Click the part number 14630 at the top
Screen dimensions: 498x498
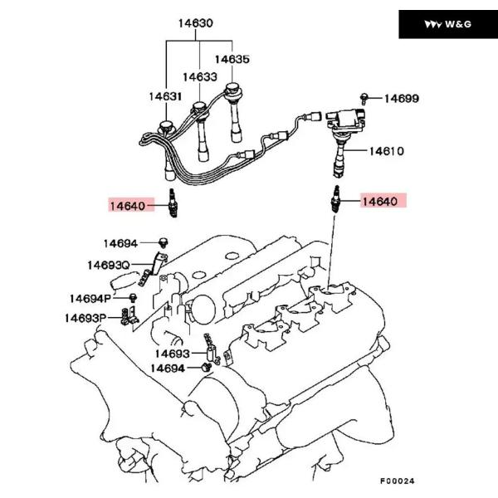point(195,24)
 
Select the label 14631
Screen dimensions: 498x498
point(165,96)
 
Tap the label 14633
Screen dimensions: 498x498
point(201,77)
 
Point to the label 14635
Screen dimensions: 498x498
point(232,59)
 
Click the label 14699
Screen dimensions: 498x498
point(401,99)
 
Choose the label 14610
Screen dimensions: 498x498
point(386,151)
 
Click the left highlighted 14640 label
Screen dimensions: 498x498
point(130,203)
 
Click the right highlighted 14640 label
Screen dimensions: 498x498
point(384,202)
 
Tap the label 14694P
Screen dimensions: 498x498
point(90,297)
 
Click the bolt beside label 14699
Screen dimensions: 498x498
point(365,98)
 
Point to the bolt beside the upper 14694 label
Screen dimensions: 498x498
point(164,242)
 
